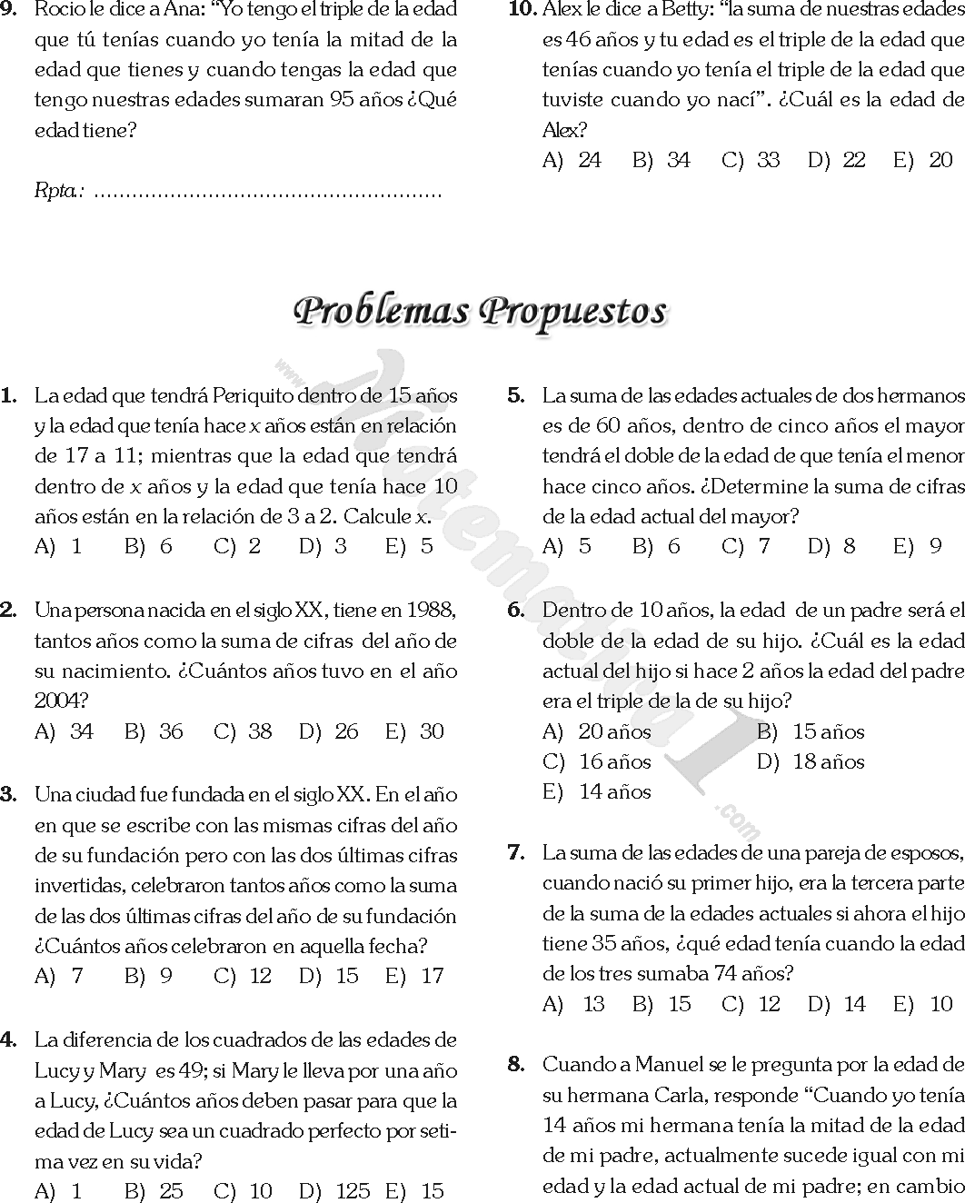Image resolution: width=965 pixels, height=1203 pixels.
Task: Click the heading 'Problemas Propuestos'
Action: (x=481, y=311)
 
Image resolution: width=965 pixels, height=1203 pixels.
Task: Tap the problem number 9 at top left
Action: (x=8, y=10)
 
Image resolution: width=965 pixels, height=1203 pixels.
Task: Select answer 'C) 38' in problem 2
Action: (x=243, y=731)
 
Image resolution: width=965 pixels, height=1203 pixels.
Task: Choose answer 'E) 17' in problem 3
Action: (x=414, y=976)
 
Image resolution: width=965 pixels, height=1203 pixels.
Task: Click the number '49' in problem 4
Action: (x=191, y=1069)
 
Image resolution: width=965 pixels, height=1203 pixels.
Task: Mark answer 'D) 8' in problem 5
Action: (x=831, y=546)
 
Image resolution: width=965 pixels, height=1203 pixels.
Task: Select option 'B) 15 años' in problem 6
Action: (x=811, y=731)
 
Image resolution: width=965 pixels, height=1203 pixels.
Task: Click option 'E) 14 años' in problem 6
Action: (x=597, y=791)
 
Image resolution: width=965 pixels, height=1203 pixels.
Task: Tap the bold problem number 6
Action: (x=516, y=610)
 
